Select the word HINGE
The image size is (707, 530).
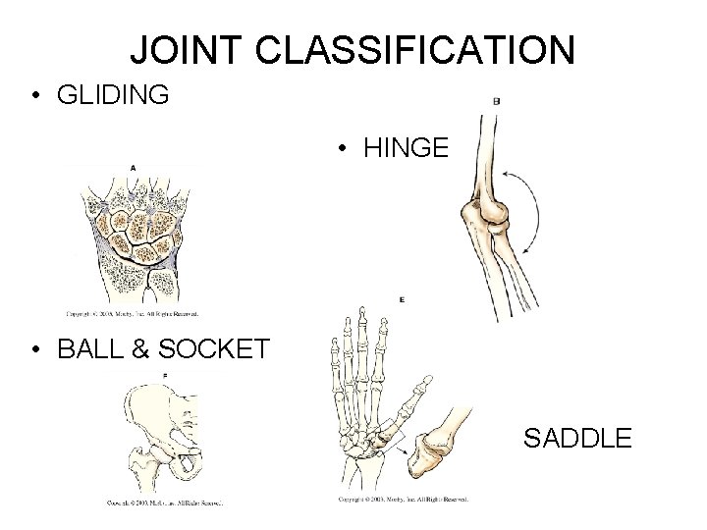pyautogui.click(x=406, y=148)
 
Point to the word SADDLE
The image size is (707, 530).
pyautogui.click(x=577, y=438)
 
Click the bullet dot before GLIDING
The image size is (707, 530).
pyautogui.click(x=34, y=96)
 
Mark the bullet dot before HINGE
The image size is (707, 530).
pyautogui.click(x=341, y=149)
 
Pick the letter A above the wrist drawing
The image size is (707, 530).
pyautogui.click(x=132, y=167)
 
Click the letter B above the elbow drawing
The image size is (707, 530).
pyautogui.click(x=496, y=100)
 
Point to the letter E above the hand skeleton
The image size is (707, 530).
pyautogui.click(x=402, y=299)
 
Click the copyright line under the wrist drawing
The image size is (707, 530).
pyautogui.click(x=133, y=315)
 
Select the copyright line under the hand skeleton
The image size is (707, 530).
pyautogui.click(x=403, y=500)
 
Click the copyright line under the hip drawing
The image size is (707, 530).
pyautogui.click(x=165, y=503)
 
